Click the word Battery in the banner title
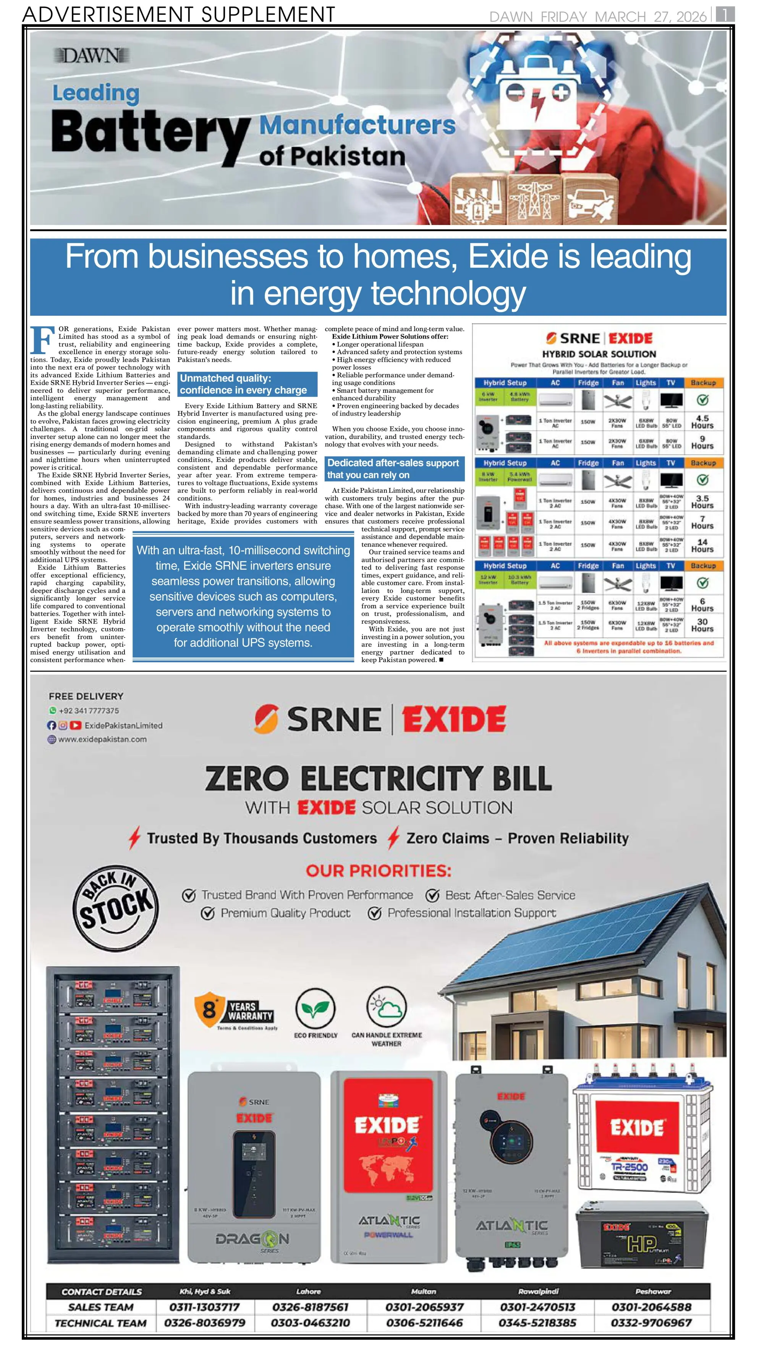150,133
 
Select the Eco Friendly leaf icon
315,1008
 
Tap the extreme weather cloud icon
387,1007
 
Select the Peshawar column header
653,1291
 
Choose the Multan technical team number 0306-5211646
424,1323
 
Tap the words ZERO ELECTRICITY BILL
378,778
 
